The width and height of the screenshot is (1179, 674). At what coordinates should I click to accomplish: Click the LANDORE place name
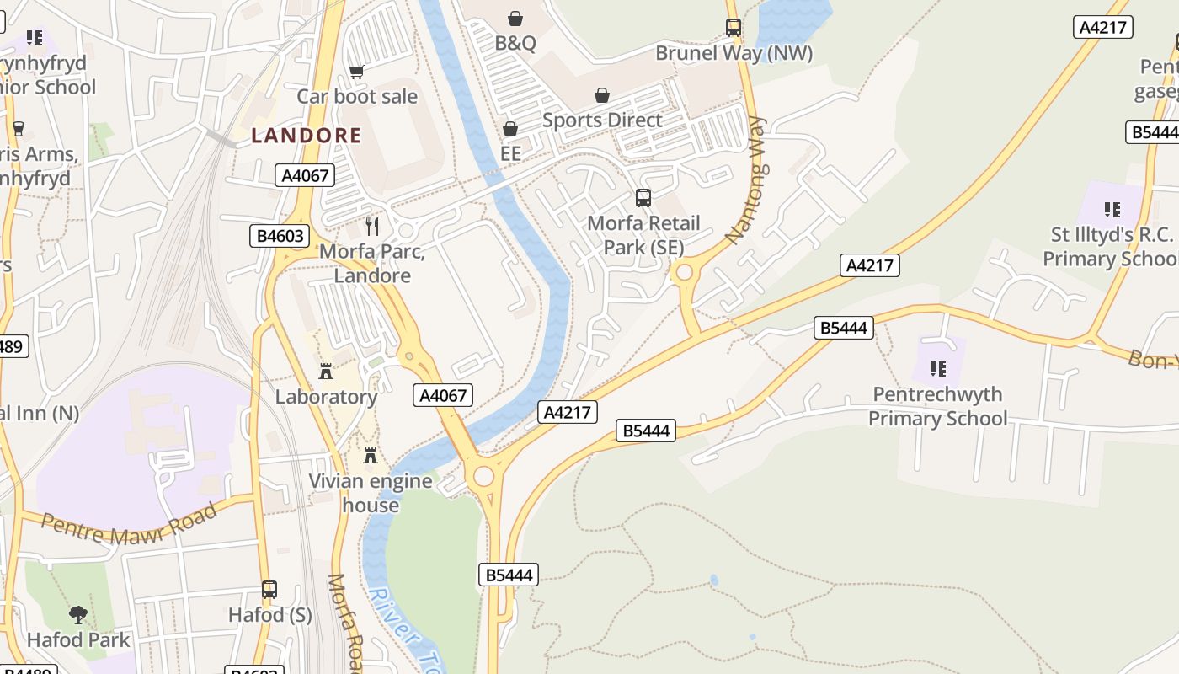[307, 135]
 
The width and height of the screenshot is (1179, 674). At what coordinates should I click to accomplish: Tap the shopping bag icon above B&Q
[515, 19]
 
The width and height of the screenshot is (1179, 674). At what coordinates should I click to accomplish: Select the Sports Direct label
[602, 120]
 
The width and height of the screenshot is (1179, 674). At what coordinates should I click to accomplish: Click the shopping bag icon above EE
[510, 129]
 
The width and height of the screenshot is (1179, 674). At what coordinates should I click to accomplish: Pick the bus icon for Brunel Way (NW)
[734, 28]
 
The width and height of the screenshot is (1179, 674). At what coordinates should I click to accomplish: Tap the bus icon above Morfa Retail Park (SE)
[643, 198]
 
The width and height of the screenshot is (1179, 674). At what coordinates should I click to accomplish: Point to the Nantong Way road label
[748, 180]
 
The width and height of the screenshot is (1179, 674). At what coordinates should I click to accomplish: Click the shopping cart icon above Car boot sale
[356, 72]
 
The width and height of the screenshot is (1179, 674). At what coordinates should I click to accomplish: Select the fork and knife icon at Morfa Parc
[372, 226]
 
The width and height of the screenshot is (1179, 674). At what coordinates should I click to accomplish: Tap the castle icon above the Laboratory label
[326, 372]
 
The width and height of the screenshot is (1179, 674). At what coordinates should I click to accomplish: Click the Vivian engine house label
[371, 493]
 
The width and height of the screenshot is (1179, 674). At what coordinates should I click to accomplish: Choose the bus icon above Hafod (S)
[269, 590]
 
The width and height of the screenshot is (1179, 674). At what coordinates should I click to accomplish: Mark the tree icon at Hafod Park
[78, 614]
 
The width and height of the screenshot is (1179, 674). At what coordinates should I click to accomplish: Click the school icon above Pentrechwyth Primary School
[938, 368]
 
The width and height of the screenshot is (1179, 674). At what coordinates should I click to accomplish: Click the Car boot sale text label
[356, 96]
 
